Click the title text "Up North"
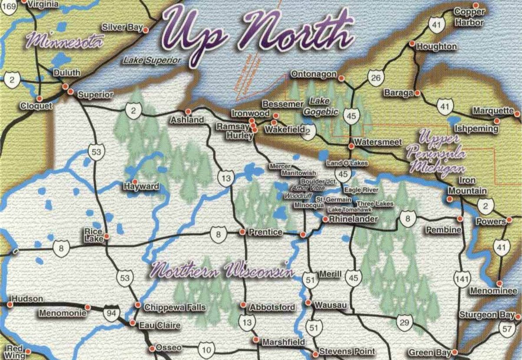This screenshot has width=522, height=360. pos(257,33)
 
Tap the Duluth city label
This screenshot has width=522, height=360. pos(67,73)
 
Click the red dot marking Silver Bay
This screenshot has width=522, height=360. pos(146,30)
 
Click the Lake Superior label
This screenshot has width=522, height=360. pos(151,61)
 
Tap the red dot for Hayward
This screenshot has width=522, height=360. pos(134,182)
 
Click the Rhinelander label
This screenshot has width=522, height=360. pos(353,219)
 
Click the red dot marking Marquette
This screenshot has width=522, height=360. pos(497,121)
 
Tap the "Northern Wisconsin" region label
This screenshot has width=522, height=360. pos(220,270)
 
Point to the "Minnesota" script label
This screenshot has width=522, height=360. pos(65,42)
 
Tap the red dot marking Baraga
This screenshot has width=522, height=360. pos(417,93)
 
